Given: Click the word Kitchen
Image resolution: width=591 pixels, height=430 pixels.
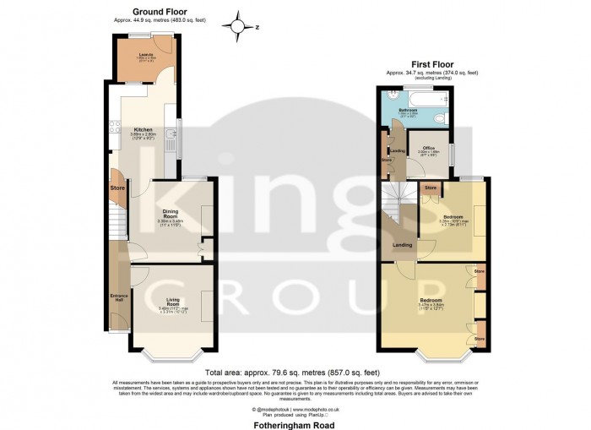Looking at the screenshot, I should [x=143, y=130].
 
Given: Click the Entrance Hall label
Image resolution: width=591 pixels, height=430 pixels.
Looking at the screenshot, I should [x=118, y=297].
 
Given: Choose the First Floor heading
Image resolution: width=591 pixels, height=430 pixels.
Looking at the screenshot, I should [x=432, y=64].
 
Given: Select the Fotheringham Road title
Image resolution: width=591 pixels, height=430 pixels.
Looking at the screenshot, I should [x=295, y=423].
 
